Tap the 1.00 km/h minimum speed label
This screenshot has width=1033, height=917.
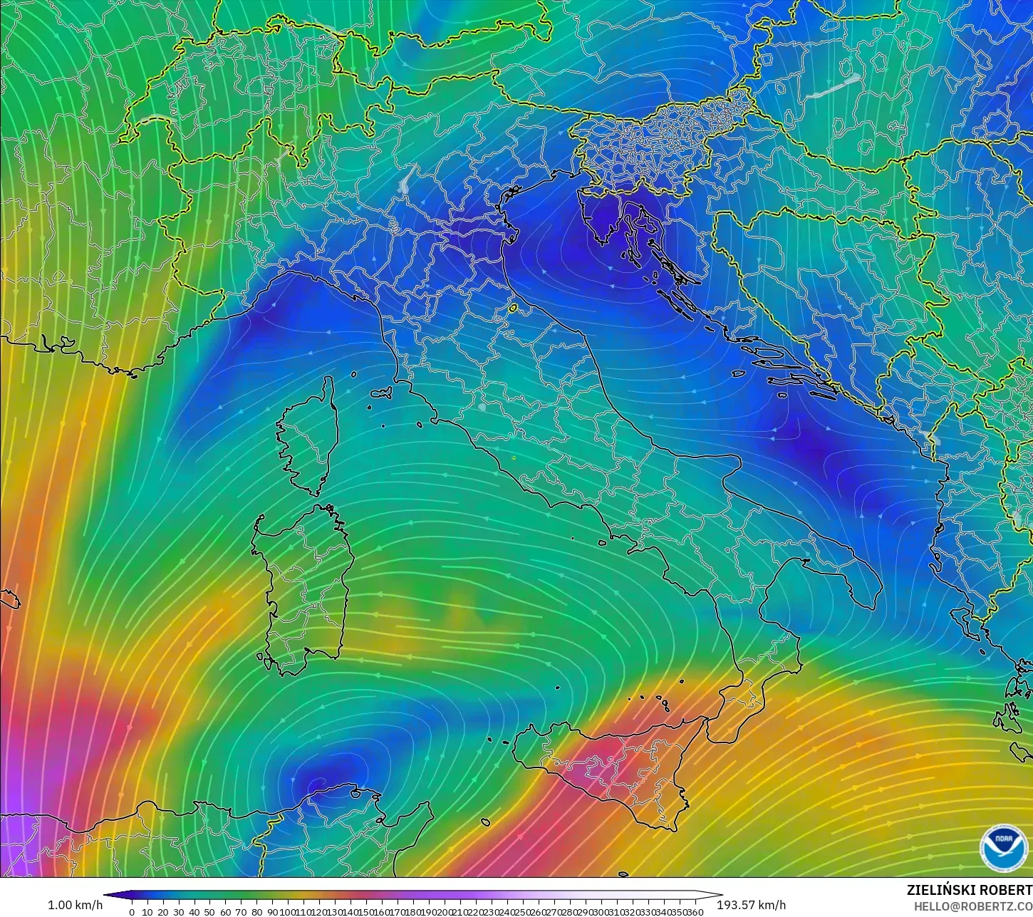[75, 905]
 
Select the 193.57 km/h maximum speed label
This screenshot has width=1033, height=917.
[752, 905]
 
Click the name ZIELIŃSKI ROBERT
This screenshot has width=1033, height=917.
[969, 891]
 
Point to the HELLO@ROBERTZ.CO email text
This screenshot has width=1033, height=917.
[973, 906]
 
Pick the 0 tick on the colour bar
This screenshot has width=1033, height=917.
[132, 912]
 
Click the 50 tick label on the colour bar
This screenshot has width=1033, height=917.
[209, 912]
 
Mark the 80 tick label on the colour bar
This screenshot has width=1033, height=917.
[256, 912]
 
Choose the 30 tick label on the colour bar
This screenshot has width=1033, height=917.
[178, 912]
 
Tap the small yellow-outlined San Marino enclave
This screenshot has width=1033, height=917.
[512, 309]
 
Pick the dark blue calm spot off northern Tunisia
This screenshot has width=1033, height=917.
[328, 773]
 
